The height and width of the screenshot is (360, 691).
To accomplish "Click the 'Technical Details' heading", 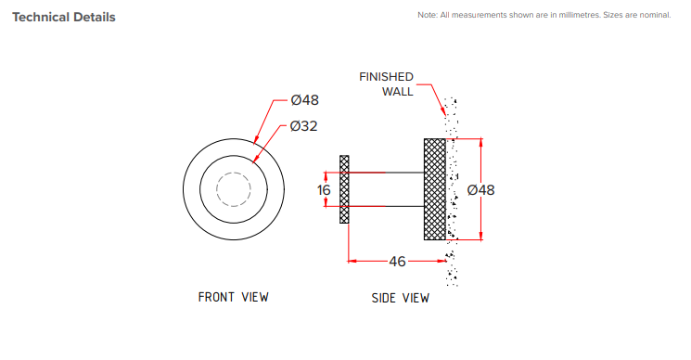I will point(63,17).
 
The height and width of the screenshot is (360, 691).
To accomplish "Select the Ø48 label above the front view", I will point(304,100).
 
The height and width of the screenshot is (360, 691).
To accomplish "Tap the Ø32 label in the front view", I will point(304,125).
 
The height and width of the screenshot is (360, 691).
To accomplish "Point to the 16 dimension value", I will point(324,189).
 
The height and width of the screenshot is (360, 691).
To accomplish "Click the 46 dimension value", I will point(397,262).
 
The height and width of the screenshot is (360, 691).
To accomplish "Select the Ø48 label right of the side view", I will point(481,189).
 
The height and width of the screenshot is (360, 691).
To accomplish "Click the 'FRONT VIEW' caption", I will point(233,297).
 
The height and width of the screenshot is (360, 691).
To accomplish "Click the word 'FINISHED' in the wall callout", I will point(386,77).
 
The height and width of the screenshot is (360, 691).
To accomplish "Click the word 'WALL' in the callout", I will point(398,92).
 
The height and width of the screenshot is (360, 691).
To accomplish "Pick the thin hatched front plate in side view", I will point(344,189).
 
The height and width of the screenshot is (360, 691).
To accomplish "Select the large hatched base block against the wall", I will point(435,189).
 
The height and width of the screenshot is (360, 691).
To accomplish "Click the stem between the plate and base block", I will point(385,189).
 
